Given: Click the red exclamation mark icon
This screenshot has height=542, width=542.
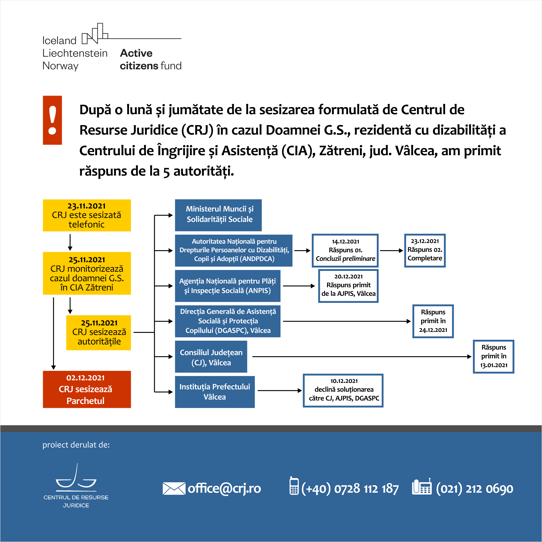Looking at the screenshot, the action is click(x=52, y=120).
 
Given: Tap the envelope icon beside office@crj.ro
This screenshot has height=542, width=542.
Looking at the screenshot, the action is click(x=174, y=488).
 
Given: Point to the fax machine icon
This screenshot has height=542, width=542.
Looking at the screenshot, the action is click(x=422, y=487).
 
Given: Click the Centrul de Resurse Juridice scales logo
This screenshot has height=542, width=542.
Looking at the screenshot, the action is click(x=76, y=485).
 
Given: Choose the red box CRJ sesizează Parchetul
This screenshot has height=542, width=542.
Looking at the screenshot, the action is click(x=87, y=389).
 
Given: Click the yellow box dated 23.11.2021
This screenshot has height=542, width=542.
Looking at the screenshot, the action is click(x=87, y=215).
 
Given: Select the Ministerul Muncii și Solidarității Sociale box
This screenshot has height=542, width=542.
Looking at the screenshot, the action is click(x=218, y=215).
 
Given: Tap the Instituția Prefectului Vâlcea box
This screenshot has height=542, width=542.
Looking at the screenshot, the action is click(x=215, y=392).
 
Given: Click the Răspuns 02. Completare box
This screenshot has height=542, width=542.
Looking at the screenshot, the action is click(x=425, y=251).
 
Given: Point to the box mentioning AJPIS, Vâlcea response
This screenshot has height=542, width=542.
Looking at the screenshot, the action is click(x=348, y=286).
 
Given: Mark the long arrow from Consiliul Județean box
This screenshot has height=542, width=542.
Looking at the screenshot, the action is click(x=362, y=356).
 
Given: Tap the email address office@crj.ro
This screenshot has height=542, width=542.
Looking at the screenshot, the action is click(x=224, y=488).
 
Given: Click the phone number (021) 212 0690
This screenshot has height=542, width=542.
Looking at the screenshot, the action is click(x=474, y=489).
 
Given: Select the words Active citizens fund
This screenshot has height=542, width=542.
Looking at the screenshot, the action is click(x=151, y=59).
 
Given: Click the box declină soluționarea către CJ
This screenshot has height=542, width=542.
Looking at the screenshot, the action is click(x=343, y=390).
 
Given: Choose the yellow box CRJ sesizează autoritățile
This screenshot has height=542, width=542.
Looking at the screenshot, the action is click(x=98, y=332).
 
